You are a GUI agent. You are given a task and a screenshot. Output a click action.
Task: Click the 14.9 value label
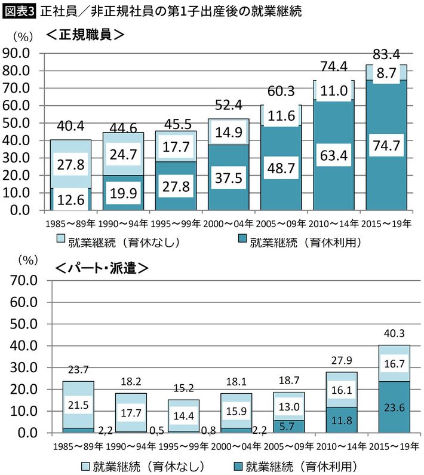(x=229, y=133)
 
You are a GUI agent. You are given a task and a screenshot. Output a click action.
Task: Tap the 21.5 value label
(x=78, y=404)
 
